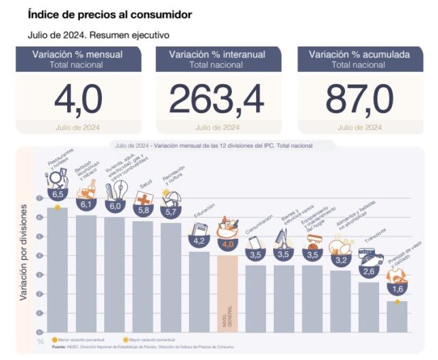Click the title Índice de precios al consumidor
tap(109, 14)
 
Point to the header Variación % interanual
tap(216, 54)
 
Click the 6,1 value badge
tap(86, 205)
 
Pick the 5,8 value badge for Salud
tap(143, 210)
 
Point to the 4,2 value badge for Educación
tap(199, 241)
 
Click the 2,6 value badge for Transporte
tap(369, 272)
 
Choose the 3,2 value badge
tap(340, 259)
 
